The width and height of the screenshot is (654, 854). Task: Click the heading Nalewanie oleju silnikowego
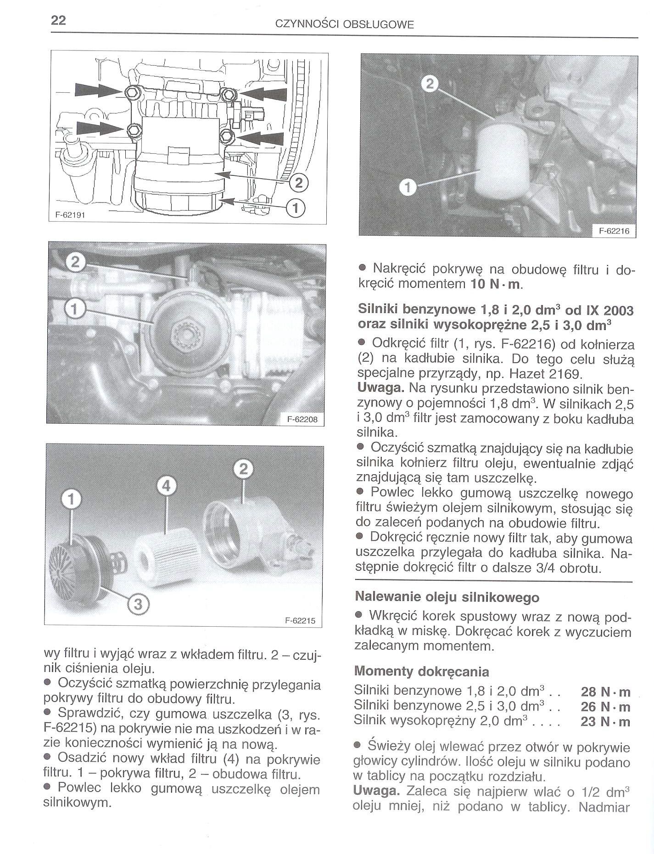(x=447, y=597)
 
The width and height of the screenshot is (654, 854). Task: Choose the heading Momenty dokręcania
(x=422, y=672)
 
